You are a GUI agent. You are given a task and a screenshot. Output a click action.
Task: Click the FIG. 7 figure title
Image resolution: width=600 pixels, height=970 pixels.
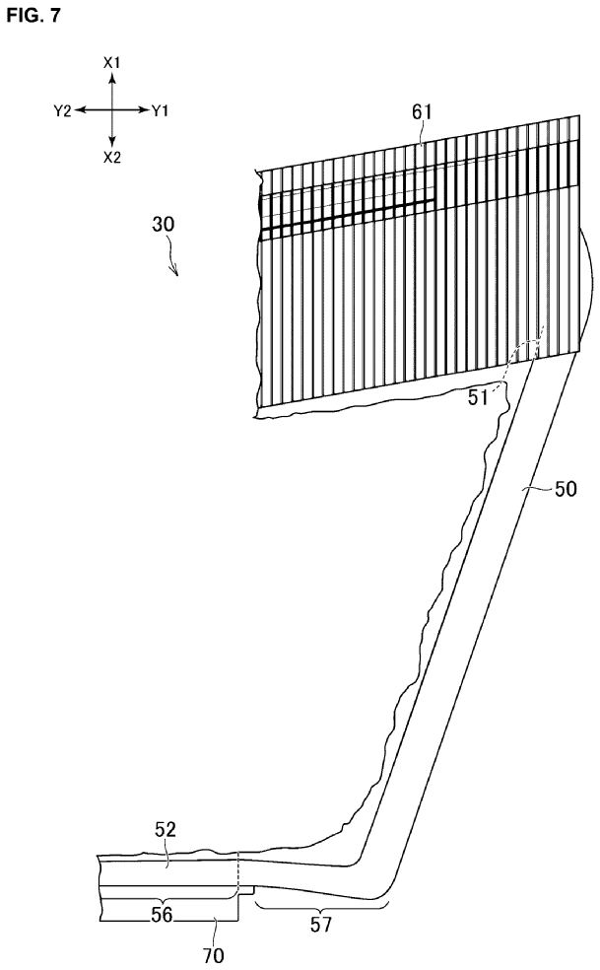click(x=34, y=16)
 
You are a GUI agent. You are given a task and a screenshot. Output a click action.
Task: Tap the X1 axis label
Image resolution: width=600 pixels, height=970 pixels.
click(x=112, y=62)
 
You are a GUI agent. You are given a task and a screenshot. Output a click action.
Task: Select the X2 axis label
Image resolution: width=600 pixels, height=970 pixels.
click(x=112, y=158)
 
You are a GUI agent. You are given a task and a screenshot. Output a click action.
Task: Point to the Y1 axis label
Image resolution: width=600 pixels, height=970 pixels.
click(x=160, y=110)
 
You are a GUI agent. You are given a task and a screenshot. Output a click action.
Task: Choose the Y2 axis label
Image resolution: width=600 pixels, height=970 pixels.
click(x=63, y=110)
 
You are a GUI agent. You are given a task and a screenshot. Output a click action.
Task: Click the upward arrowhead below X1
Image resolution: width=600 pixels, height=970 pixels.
click(x=112, y=77)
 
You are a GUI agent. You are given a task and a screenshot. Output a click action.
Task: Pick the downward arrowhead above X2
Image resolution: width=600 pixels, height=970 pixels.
click(x=112, y=144)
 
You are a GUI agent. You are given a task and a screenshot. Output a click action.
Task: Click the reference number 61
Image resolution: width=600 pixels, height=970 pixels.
click(x=422, y=112)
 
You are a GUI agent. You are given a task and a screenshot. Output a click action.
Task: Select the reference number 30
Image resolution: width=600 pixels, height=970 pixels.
click(x=164, y=224)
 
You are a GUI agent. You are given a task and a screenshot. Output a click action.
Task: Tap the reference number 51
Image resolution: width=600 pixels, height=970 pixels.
click(x=477, y=397)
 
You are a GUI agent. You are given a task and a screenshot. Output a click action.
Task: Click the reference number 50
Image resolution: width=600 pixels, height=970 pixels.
click(x=566, y=489)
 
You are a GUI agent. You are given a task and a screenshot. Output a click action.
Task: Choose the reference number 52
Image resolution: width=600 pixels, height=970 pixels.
click(x=165, y=830)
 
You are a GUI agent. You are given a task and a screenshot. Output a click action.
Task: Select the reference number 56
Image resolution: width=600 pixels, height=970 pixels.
click(x=162, y=915)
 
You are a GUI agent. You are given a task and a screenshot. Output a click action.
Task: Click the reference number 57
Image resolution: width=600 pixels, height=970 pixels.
click(x=321, y=925)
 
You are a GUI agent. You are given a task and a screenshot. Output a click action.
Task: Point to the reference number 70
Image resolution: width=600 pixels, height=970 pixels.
click(x=214, y=956)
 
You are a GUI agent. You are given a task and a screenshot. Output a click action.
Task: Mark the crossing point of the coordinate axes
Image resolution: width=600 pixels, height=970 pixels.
click(x=112, y=110)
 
